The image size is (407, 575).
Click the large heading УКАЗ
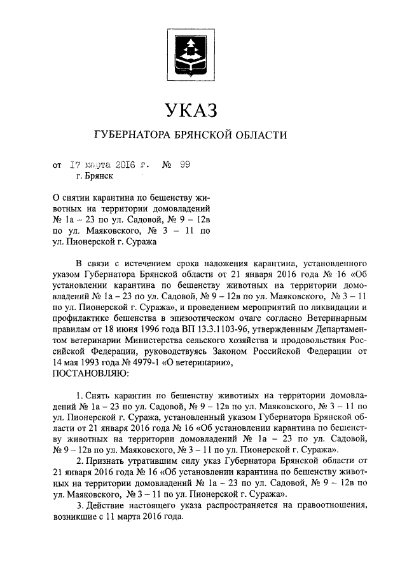191,110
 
